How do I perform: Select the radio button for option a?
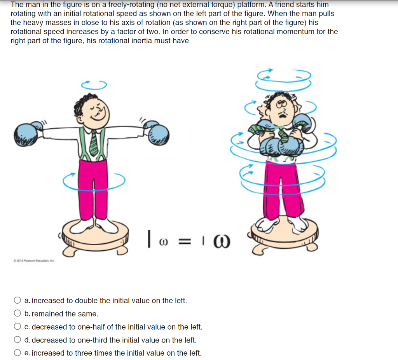pos(17,301)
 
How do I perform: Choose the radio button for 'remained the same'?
pos(17,314)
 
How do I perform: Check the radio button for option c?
pos(17,327)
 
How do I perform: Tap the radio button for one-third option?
pos(17,340)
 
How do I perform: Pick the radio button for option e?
pos(17,353)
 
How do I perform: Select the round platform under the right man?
pos(284,233)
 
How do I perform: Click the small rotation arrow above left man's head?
pos(93,84)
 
